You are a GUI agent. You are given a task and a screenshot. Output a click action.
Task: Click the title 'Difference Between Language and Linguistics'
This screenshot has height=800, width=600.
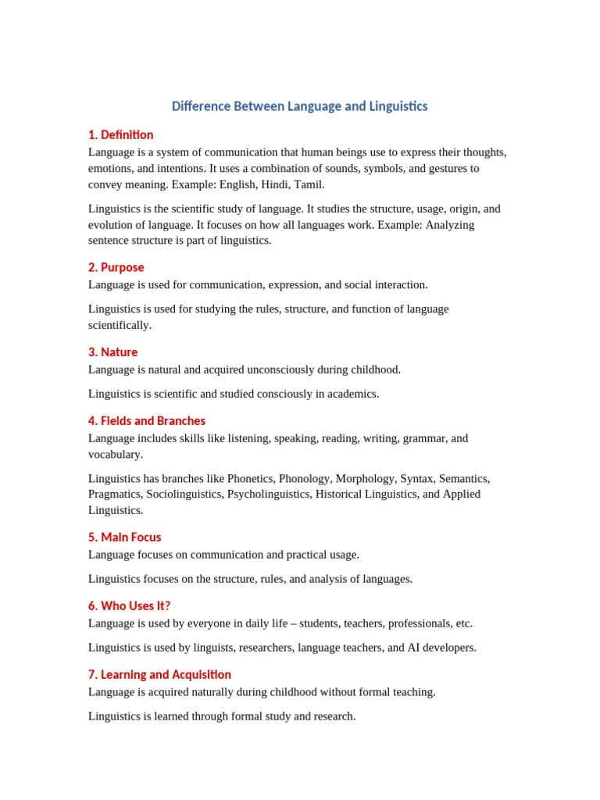click(x=299, y=106)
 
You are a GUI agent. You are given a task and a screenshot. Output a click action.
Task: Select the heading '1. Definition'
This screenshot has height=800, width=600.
click(x=121, y=135)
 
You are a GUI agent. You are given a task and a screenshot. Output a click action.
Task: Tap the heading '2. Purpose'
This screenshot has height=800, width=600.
click(x=116, y=267)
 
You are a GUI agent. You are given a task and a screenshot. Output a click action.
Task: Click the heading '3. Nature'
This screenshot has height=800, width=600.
click(x=113, y=352)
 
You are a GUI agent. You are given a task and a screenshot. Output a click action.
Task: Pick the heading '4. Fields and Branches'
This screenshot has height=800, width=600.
click(x=147, y=421)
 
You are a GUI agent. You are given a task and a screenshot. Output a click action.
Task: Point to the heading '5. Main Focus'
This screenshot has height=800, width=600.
click(x=125, y=537)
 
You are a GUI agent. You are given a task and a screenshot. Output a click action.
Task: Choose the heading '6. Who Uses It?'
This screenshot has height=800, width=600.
click(x=130, y=606)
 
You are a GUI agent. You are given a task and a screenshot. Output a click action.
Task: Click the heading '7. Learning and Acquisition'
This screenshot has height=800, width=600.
click(x=160, y=675)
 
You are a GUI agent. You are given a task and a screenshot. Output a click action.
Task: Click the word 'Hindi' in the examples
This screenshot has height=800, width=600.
click(x=273, y=184)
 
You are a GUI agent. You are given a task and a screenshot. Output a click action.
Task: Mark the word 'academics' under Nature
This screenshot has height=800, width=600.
click(x=352, y=394)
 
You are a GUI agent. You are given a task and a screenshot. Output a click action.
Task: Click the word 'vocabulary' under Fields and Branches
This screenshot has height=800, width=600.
click(x=115, y=454)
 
